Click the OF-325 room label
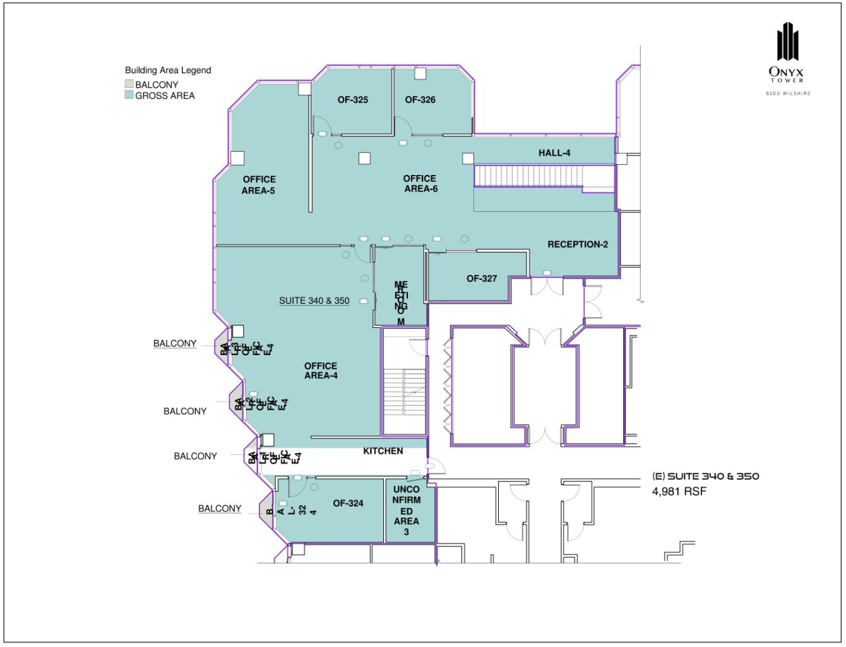click(x=352, y=100)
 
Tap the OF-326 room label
click(x=420, y=100)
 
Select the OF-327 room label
click(x=482, y=279)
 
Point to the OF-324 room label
click(x=348, y=504)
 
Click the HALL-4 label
click(x=554, y=153)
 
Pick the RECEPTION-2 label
click(x=577, y=245)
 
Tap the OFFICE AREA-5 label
click(x=259, y=185)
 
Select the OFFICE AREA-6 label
click(x=420, y=184)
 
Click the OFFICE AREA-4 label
click(x=321, y=371)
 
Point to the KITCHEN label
click(x=383, y=451)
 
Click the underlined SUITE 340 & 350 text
click(x=314, y=301)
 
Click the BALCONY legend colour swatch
click(x=129, y=84)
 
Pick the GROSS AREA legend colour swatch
click(x=129, y=95)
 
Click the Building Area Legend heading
click(x=168, y=70)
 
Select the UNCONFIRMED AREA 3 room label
click(x=407, y=511)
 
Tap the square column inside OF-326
click(x=420, y=73)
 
